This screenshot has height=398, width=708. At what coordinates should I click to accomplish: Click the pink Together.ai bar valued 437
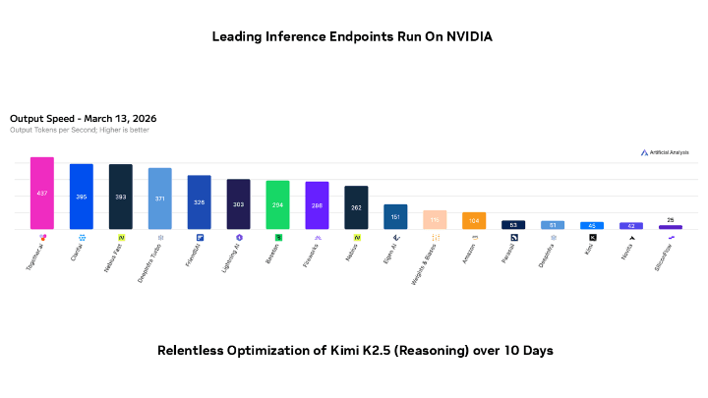(x=42, y=193)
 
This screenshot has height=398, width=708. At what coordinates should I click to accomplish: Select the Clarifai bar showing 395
(x=82, y=197)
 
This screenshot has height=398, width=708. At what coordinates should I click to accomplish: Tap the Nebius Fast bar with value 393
(x=121, y=197)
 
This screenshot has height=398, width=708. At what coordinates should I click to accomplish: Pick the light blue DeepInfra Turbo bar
(x=160, y=199)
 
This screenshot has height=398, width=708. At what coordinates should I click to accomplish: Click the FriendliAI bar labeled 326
(x=200, y=201)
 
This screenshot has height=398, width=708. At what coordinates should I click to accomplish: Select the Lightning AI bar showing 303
(x=239, y=203)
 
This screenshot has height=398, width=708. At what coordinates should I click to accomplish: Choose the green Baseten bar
(x=278, y=204)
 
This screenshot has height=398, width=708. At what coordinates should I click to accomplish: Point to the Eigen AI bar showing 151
(x=395, y=216)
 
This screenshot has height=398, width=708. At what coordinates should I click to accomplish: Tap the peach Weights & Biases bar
(x=435, y=219)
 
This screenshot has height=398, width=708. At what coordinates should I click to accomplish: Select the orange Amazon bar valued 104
(x=474, y=220)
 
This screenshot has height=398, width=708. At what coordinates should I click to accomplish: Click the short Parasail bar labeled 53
(x=513, y=224)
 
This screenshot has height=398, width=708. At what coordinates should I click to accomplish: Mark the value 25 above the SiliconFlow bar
(x=671, y=219)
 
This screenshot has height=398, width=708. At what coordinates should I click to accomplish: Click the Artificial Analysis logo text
(x=669, y=152)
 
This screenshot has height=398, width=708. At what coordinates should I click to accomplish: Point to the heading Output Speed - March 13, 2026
(x=83, y=119)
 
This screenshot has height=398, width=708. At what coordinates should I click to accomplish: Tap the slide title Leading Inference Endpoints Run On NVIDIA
(x=353, y=37)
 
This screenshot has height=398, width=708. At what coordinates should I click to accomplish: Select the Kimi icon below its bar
(x=592, y=238)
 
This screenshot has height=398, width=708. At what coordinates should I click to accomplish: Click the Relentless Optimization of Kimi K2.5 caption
(x=353, y=351)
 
